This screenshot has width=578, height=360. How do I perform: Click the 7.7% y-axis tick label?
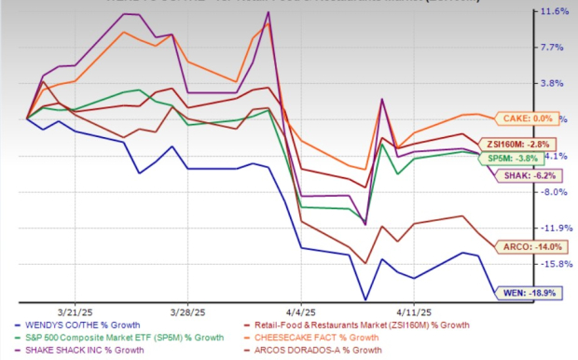pos(556,48)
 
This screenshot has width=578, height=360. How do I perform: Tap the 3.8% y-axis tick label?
pos(556,83)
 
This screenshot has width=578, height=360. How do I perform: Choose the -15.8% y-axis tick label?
pos(553,264)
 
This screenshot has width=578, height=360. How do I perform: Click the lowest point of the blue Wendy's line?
pos(365,300)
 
